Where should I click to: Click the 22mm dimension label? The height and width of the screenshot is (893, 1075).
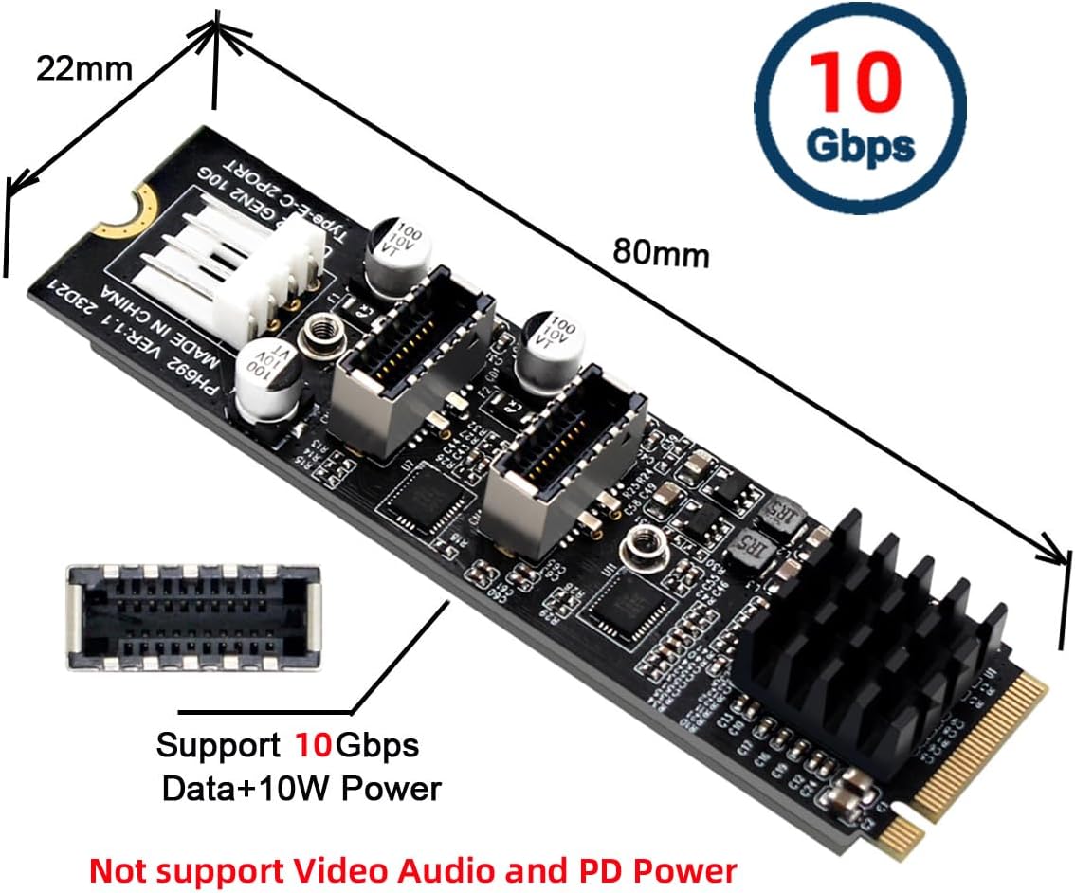coord(83,69)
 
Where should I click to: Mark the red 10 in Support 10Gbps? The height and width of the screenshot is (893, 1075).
coord(311,745)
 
